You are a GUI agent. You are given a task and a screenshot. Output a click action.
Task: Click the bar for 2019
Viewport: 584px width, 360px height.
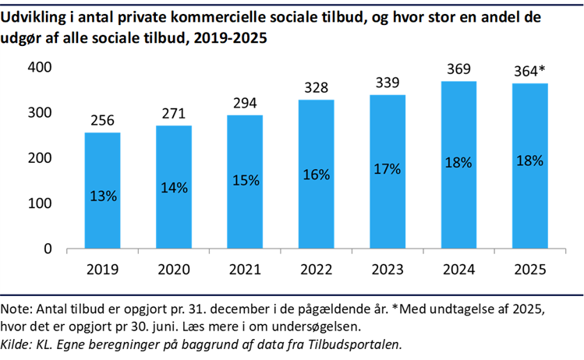[102, 191]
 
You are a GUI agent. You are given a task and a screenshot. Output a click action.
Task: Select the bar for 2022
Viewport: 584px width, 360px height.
[316, 175]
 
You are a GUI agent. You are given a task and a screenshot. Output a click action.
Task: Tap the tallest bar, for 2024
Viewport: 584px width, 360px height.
[458, 165]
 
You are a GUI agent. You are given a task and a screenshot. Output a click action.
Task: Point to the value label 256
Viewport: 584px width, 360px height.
[102, 121]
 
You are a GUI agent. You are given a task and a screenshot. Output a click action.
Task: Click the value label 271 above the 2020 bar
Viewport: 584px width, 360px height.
[173, 114]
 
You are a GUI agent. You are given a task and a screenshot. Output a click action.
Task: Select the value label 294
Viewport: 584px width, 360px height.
[245, 103]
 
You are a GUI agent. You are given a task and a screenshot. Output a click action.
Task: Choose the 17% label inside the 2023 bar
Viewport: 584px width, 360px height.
[388, 168]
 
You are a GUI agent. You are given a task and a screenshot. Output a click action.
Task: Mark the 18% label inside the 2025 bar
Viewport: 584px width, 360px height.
[529, 161]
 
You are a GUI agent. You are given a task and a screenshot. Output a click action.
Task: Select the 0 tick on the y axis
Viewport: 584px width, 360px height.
[48, 249]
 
